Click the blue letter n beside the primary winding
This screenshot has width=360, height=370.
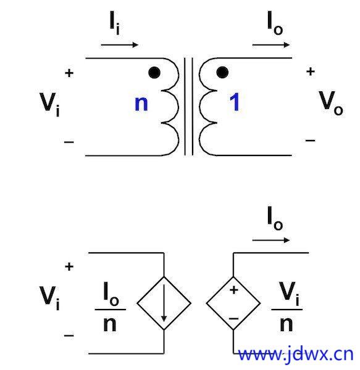coord(141,104)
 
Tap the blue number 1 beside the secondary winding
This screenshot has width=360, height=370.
coord(234,102)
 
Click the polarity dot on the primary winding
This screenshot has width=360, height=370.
coord(154,72)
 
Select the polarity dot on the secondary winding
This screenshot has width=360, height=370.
coord(222,72)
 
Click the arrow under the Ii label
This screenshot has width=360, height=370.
coord(120,44)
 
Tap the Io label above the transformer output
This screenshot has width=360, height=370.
coord(275,23)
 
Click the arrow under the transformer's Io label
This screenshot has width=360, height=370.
coord(271,44)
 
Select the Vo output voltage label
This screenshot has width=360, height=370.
coord(331,103)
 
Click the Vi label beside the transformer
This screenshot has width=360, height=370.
coord(49,104)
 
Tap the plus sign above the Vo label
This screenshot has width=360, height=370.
coord(311,72)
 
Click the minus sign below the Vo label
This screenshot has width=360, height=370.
coord(310,141)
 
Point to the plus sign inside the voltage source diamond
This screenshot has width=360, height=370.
coord(233,290)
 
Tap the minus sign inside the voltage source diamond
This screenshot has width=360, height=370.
coord(233,319)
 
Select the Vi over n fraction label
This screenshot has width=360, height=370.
coord(287,306)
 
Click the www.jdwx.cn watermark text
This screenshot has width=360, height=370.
coord(296,355)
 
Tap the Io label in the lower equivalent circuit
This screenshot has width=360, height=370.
coord(275,218)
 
